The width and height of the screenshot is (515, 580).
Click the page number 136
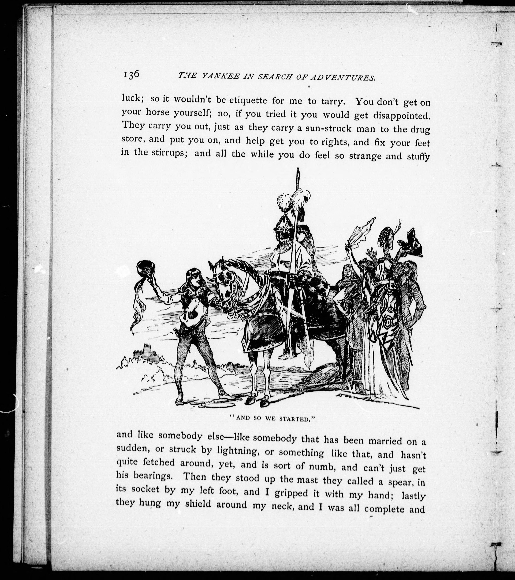[x=131, y=75]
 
